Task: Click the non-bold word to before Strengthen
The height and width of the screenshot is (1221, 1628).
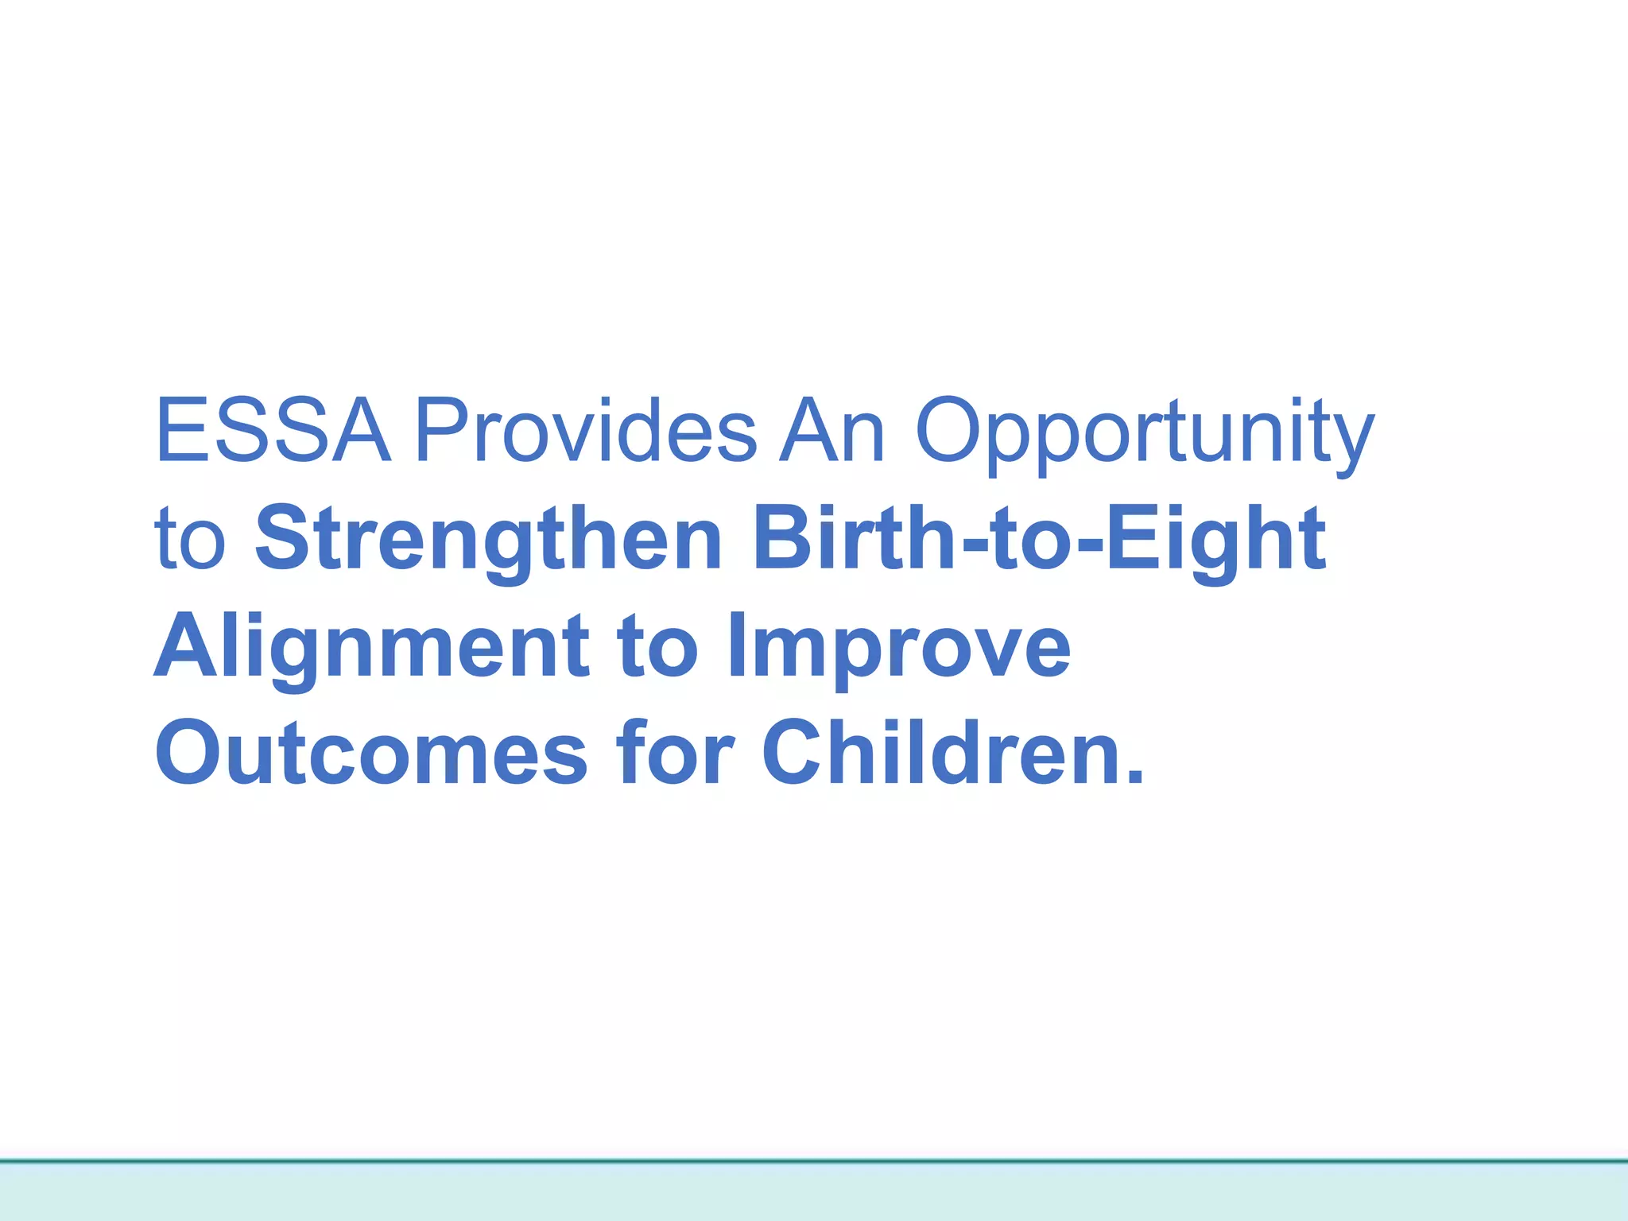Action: coord(191,541)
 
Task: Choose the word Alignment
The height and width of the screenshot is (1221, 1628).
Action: coord(371,648)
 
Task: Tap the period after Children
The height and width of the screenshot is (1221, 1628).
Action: coord(1134,777)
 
